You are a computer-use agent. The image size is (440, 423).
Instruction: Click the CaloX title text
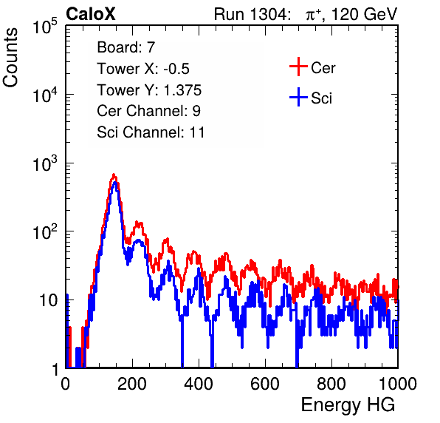tap(91, 14)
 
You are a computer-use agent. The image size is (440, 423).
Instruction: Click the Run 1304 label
tap(250, 14)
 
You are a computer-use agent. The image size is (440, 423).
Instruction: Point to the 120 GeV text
tap(365, 14)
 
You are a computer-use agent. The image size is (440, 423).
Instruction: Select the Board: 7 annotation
tap(126, 47)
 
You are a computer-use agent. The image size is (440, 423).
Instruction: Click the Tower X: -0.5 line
tap(143, 69)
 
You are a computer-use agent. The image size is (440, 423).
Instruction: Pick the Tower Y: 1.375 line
tap(149, 90)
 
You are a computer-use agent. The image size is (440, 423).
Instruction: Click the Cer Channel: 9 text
tap(148, 111)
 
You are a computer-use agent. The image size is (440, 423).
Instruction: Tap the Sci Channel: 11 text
tap(151, 132)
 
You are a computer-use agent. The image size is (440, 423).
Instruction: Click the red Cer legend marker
tap(298, 67)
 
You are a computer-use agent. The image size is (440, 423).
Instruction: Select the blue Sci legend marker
tap(298, 97)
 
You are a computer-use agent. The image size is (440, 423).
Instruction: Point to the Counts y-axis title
tap(10, 58)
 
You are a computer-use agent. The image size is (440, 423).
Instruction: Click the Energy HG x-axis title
tap(348, 405)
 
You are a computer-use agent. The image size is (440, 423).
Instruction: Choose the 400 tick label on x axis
tap(199, 384)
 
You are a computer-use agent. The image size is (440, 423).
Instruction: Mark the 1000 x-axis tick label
tap(398, 384)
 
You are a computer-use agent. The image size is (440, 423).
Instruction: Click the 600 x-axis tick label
tap(265, 384)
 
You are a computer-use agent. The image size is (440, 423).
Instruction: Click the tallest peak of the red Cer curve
tap(114, 175)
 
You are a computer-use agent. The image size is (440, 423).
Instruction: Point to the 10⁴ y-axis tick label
tap(45, 95)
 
